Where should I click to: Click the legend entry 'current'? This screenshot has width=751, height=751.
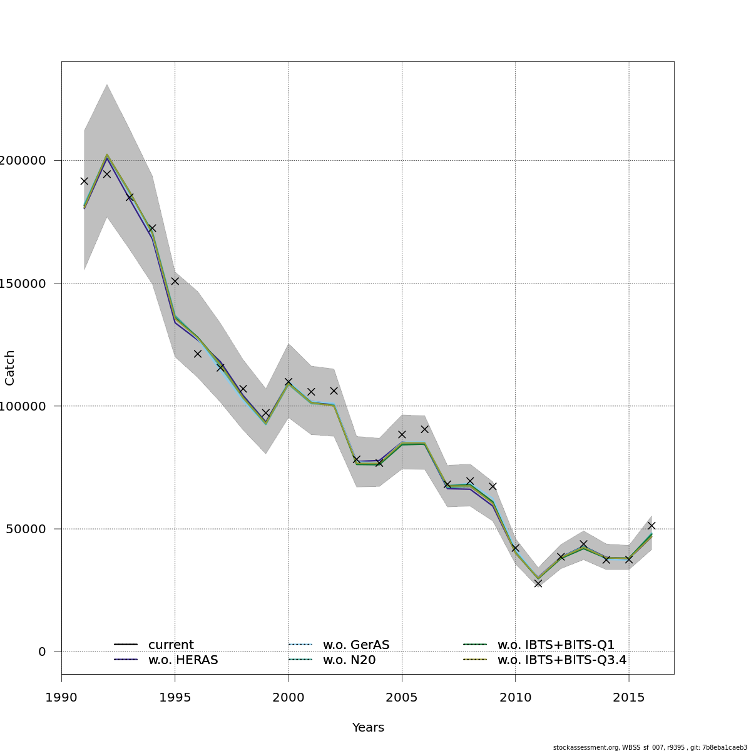click(170, 645)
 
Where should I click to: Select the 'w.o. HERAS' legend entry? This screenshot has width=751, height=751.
click(183, 660)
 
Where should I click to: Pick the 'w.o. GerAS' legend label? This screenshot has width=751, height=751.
click(355, 645)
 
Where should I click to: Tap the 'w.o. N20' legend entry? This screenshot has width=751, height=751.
click(349, 660)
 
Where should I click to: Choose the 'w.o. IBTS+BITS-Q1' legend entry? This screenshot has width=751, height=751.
click(556, 645)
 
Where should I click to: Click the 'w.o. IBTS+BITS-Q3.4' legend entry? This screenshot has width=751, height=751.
click(561, 660)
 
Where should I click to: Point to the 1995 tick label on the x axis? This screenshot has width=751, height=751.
click(175, 697)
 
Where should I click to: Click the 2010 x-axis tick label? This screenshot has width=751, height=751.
click(515, 697)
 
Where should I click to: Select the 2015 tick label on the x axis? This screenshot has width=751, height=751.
click(628, 697)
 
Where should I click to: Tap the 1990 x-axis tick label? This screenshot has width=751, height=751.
click(61, 697)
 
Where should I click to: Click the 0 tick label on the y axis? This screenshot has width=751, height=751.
click(42, 651)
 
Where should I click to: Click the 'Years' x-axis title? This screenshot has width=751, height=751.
click(368, 727)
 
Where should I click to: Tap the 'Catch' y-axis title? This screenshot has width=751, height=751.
click(10, 368)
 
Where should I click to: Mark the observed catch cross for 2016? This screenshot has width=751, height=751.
click(651, 526)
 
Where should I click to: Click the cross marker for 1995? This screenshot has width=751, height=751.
click(175, 281)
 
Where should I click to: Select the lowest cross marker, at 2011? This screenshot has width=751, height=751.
click(538, 583)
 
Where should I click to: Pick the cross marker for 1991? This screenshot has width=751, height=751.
click(84, 181)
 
